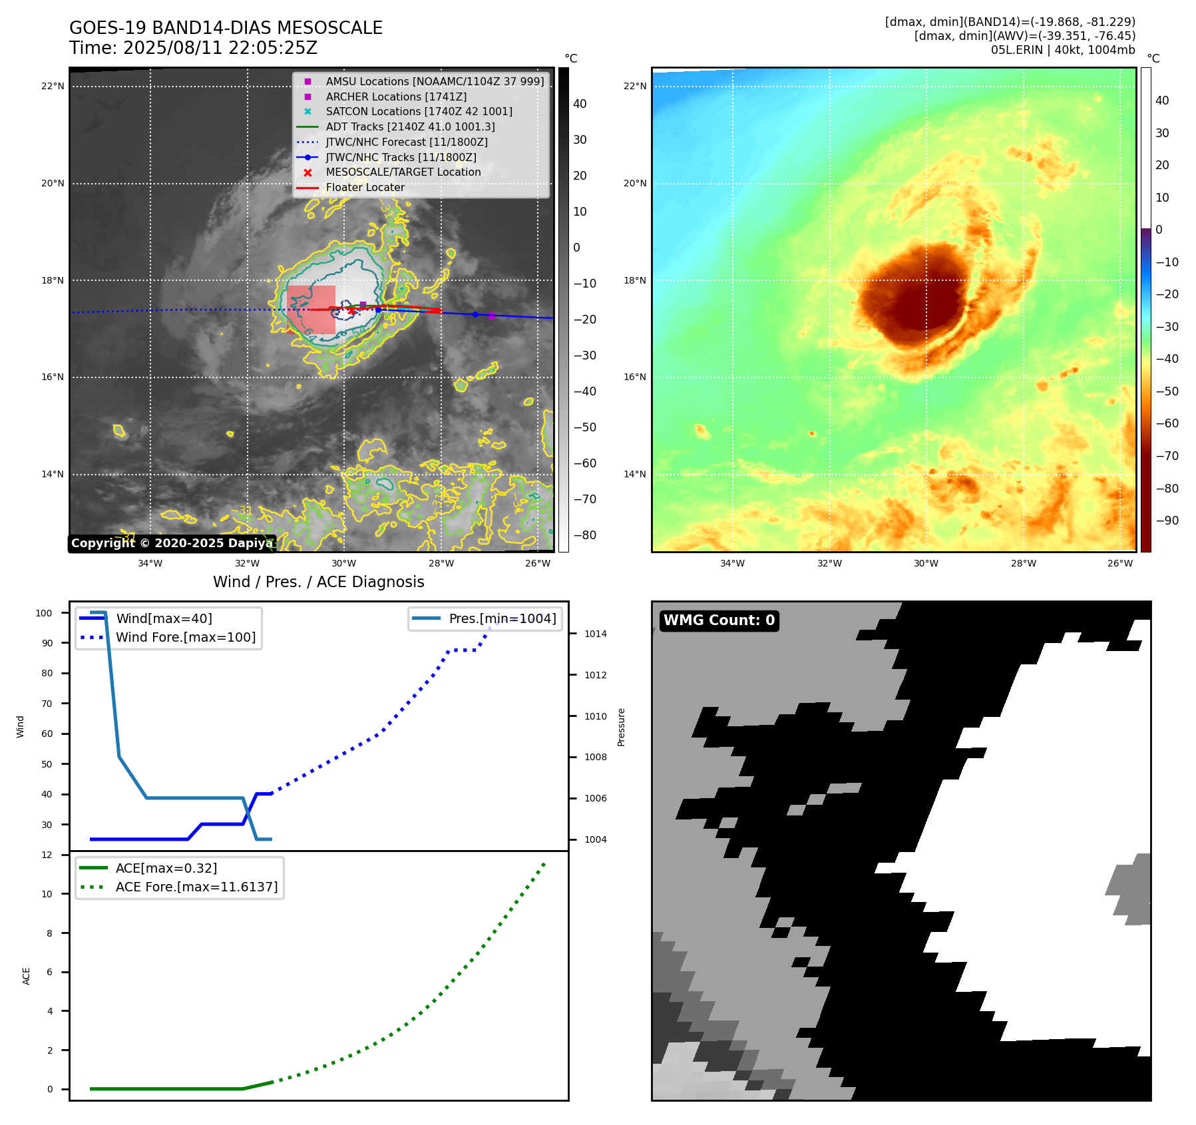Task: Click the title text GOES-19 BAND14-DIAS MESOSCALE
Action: [226, 28]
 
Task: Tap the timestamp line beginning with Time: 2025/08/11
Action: [193, 48]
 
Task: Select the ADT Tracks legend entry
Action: [410, 126]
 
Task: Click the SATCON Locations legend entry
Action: [419, 111]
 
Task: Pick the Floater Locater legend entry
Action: [365, 187]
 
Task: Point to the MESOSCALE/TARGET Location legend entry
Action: [403, 172]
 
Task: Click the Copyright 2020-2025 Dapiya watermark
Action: [171, 543]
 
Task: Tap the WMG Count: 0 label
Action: [719, 620]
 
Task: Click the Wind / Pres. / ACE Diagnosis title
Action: [318, 582]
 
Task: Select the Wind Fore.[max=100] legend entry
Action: [186, 637]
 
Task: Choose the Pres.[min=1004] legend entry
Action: [502, 618]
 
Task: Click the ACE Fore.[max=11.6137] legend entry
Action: [196, 887]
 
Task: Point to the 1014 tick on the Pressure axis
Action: [595, 634]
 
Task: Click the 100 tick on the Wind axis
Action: [44, 613]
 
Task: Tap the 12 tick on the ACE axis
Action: [47, 855]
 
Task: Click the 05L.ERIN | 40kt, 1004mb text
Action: [1062, 50]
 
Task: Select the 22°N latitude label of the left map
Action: [53, 86]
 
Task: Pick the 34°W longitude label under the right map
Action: [732, 563]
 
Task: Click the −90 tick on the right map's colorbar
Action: [1167, 521]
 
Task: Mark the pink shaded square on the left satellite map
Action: [311, 310]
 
